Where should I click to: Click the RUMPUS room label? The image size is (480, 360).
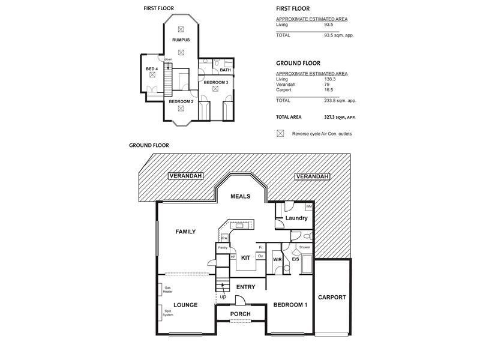[181, 40]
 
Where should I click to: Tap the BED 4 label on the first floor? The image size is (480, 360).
[152, 69]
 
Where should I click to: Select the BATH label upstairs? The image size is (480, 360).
[225, 70]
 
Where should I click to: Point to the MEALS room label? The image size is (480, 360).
[240, 196]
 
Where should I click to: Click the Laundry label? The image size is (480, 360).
[296, 218]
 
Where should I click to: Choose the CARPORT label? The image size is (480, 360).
[332, 297]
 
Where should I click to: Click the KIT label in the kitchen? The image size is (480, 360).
[245, 257]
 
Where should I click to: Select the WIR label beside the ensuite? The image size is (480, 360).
[277, 260]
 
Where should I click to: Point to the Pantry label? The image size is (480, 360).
[223, 247]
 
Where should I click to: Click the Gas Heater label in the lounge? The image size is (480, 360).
[167, 290]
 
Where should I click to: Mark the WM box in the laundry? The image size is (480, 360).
[308, 207]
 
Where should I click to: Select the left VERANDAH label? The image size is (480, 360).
[185, 176]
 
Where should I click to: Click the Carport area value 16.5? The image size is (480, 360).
[329, 89]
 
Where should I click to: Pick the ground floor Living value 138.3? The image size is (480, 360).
[329, 79]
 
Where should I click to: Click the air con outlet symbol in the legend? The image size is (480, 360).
[280, 133]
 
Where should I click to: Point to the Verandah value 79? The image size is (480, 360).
[326, 85]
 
